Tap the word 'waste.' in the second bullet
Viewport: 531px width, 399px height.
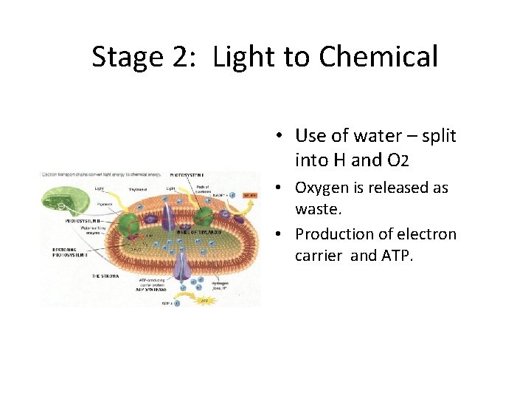point(319,211)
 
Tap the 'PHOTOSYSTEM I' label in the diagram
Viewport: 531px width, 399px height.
point(187,175)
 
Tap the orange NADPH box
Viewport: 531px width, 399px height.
point(250,196)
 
